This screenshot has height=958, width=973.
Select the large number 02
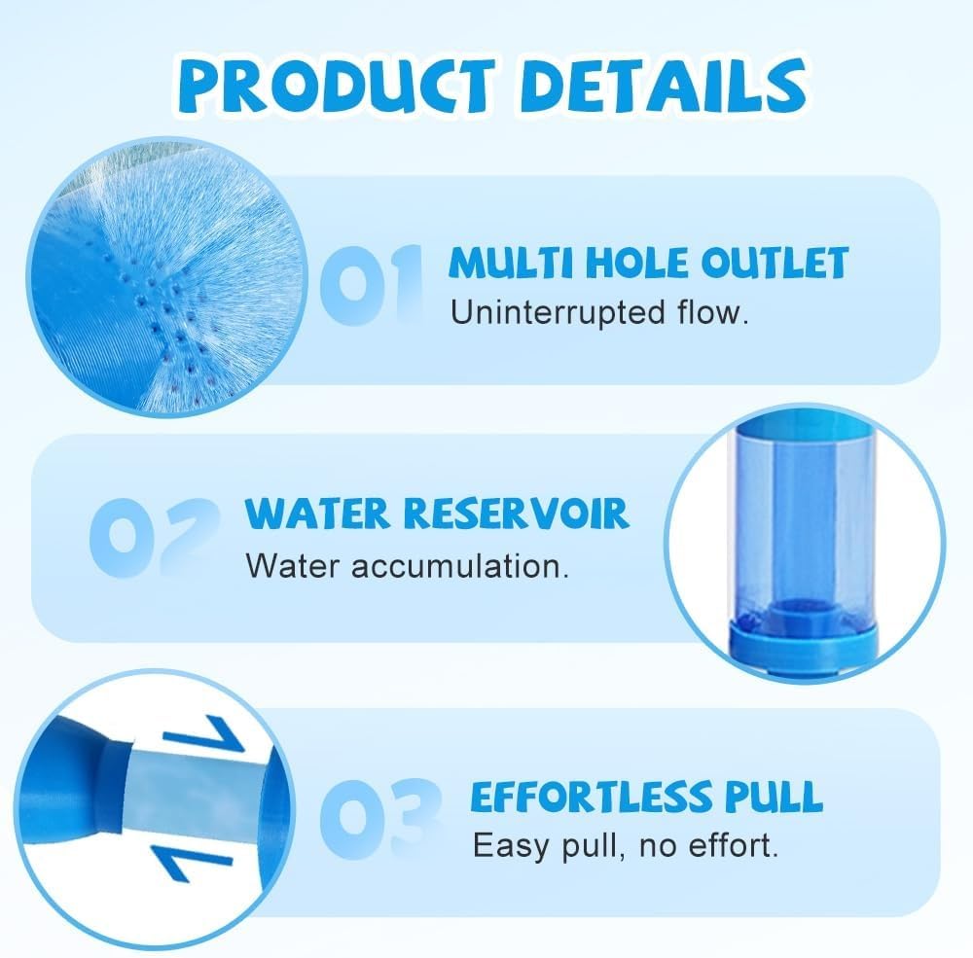pyautogui.click(x=155, y=537)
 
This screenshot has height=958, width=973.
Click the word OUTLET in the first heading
pyautogui.click(x=775, y=263)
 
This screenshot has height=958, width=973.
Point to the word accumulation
pyautogui.click(x=460, y=566)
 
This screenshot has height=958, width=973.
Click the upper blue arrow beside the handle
pyautogui.click(x=204, y=736)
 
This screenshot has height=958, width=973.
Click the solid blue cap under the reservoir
pyautogui.click(x=805, y=645)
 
